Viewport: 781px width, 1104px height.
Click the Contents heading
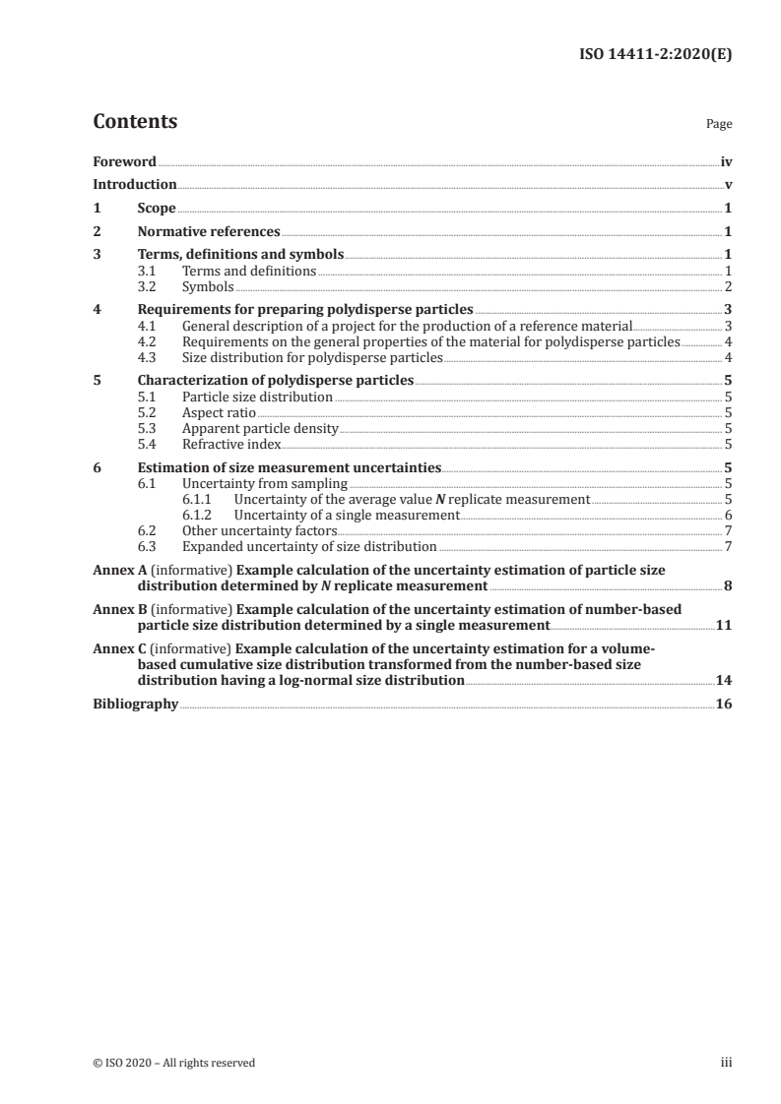click(x=135, y=122)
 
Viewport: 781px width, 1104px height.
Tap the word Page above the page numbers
click(x=719, y=125)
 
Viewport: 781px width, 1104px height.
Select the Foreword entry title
click(x=124, y=160)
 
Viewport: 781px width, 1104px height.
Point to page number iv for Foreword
click(x=726, y=160)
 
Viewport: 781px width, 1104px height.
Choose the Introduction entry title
click(x=135, y=184)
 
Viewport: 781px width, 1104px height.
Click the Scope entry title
click(x=157, y=209)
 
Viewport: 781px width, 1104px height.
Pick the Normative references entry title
click(x=209, y=232)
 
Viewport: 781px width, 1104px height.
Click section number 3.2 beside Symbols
click(x=148, y=287)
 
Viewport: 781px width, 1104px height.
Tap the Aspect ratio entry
click(x=214, y=413)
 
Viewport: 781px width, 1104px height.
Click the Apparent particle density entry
click(x=260, y=429)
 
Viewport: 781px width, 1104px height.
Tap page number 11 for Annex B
click(x=724, y=625)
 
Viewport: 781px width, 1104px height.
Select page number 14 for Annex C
click(x=724, y=680)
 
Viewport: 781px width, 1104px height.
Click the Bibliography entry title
click(x=135, y=704)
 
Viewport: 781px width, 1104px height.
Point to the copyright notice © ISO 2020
click(x=173, y=1063)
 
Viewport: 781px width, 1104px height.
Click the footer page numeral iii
click(x=727, y=1063)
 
